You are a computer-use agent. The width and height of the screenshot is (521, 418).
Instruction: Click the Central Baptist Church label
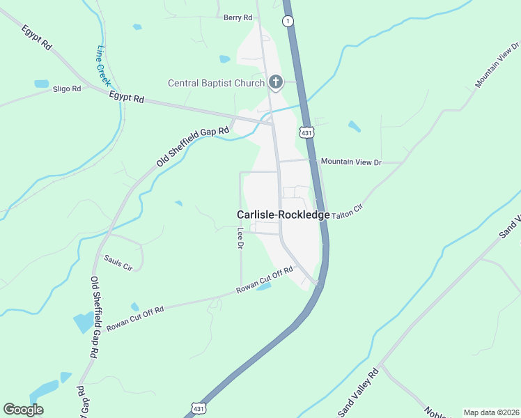point(216,84)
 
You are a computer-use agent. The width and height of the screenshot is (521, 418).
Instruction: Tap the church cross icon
point(276,83)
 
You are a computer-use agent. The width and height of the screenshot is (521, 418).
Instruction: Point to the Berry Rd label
point(237,17)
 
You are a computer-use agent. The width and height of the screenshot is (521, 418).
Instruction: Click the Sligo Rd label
point(67,89)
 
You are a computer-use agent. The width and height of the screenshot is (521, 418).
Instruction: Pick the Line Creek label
point(104,65)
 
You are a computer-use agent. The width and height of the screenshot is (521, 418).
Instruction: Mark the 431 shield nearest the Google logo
point(199,408)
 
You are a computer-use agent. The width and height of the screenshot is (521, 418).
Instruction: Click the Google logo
point(23,410)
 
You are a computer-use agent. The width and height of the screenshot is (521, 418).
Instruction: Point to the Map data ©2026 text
point(490,412)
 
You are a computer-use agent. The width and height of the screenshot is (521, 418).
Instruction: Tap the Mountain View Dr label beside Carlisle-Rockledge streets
point(351,162)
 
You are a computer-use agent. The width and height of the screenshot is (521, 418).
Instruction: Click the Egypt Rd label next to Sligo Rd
point(126,99)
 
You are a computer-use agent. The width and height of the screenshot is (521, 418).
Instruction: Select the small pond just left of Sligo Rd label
point(41,84)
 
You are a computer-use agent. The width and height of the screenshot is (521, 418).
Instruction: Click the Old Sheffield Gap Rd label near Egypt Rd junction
point(192,148)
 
